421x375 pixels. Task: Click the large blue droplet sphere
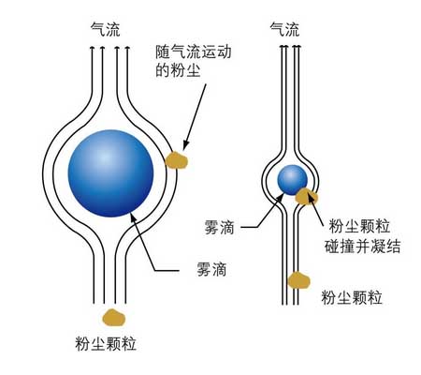pos(111,173)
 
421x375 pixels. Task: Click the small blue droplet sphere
pos(292,180)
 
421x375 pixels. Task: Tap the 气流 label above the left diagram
pos(105,30)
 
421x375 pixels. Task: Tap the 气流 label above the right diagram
pos(284,30)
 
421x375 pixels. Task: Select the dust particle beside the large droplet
pos(176,160)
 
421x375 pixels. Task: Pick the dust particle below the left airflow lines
pos(114,317)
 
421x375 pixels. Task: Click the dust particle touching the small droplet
pos(306,197)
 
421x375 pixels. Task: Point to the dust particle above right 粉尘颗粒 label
pos(298,280)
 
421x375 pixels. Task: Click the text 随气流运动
pos(194,52)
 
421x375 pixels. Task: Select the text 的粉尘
pos(178,70)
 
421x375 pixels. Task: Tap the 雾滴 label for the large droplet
pos(211,269)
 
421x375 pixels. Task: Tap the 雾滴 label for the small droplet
pos(219,227)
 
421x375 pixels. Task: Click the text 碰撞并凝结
pos(362,246)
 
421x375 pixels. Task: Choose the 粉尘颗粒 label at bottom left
pos(106,344)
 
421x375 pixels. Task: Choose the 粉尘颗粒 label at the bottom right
pos(352,297)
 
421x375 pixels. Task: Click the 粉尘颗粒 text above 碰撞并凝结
pos(359,226)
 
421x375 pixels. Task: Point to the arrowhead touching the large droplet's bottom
pos(133,217)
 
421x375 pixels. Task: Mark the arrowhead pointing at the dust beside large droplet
pos(186,145)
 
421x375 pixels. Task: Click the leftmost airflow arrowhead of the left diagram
pos(92,48)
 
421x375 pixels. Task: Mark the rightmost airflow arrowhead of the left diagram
pos(127,48)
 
